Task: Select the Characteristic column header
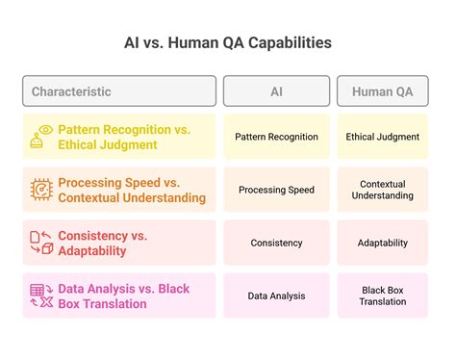pyautogui.click(x=119, y=91)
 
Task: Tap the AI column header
pyautogui.click(x=276, y=91)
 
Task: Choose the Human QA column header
pyautogui.click(x=383, y=91)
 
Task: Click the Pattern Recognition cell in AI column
pyautogui.click(x=276, y=137)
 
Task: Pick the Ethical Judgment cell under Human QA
pyautogui.click(x=383, y=137)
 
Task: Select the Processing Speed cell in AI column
pyautogui.click(x=276, y=190)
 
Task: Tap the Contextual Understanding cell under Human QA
pyautogui.click(x=383, y=190)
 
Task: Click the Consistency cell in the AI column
pyautogui.click(x=276, y=243)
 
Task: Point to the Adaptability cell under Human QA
pyautogui.click(x=383, y=243)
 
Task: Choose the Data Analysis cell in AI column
pyautogui.click(x=276, y=296)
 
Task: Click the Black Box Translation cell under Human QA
pyautogui.click(x=383, y=296)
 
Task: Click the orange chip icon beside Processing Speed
pyautogui.click(x=42, y=189)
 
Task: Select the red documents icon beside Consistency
pyautogui.click(x=42, y=243)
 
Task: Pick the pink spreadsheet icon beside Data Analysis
pyautogui.click(x=42, y=296)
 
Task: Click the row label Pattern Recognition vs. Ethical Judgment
pyautogui.click(x=123, y=137)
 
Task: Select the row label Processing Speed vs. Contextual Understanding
pyautogui.click(x=132, y=190)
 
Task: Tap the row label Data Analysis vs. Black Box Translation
pyautogui.click(x=123, y=296)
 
